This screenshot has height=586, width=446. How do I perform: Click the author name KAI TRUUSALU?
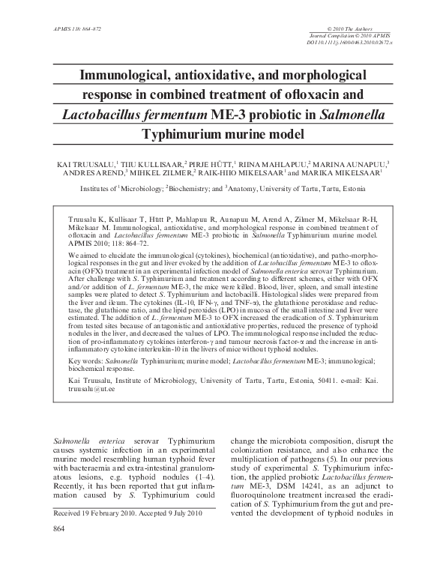(x=86, y=163)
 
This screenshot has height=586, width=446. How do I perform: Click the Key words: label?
(x=77, y=360)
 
